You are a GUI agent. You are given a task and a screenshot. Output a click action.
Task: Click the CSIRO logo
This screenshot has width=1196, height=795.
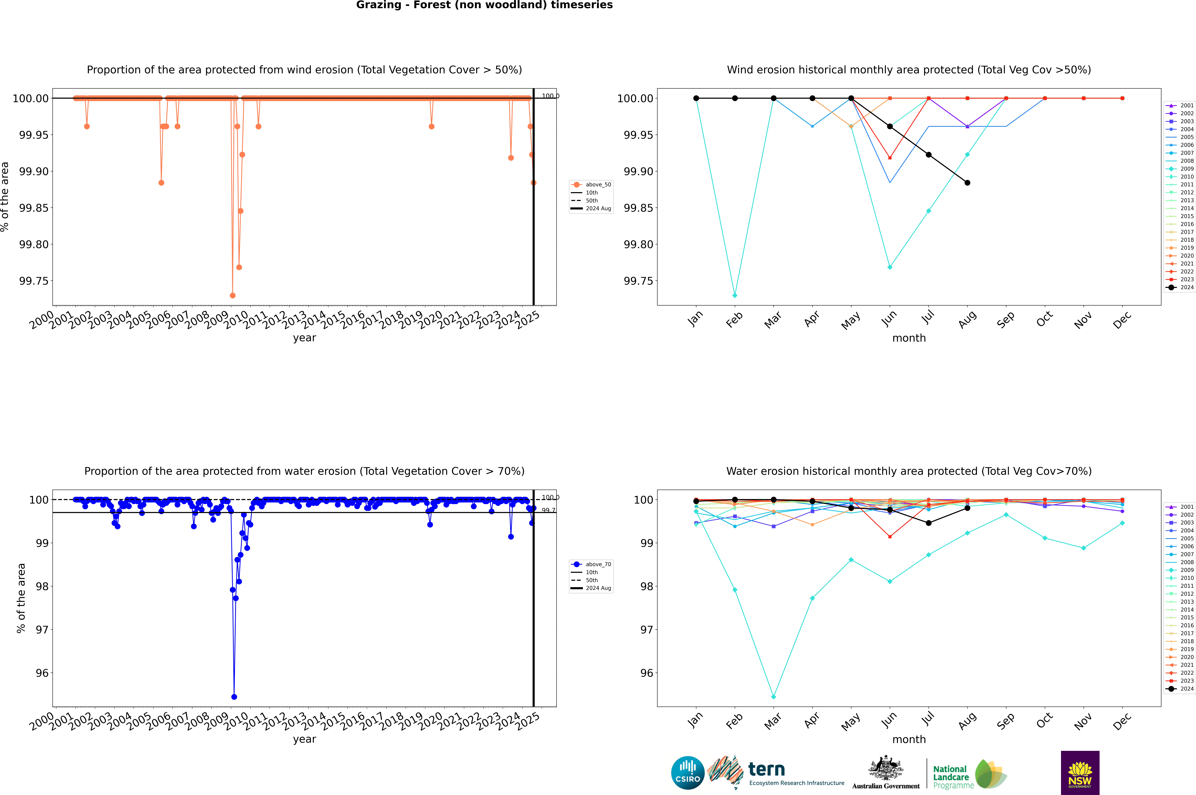687,773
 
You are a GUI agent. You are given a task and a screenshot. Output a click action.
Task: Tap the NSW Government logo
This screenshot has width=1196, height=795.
1080,773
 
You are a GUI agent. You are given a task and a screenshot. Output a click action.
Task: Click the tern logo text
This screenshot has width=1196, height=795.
767,770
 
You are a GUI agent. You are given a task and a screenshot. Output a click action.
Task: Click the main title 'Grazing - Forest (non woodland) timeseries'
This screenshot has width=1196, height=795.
484,5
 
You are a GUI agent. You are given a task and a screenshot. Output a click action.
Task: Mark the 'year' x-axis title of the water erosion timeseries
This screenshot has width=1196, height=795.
304,739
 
